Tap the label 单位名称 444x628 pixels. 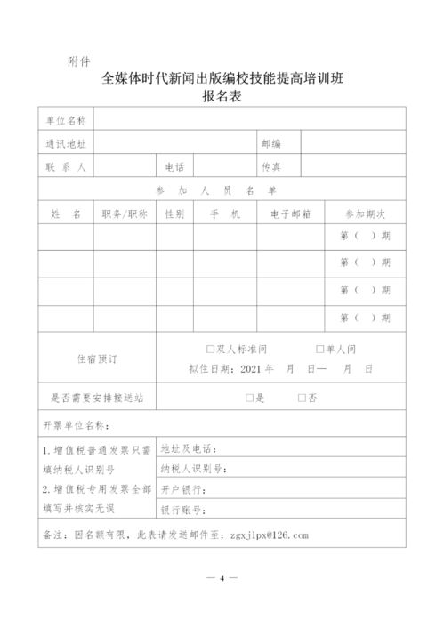(x=66, y=120)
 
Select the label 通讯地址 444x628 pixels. (x=66, y=143)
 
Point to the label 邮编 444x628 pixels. (x=271, y=143)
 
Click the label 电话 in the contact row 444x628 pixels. (x=174, y=166)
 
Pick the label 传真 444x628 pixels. (x=271, y=166)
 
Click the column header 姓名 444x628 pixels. (x=66, y=214)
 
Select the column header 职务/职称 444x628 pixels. (x=125, y=214)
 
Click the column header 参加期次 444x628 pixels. (x=365, y=214)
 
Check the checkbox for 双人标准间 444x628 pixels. (x=209, y=350)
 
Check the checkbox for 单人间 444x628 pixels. (x=319, y=350)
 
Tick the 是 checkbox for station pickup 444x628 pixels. (x=249, y=399)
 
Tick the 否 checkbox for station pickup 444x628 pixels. (x=302, y=399)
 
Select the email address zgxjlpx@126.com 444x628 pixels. (x=270, y=535)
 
